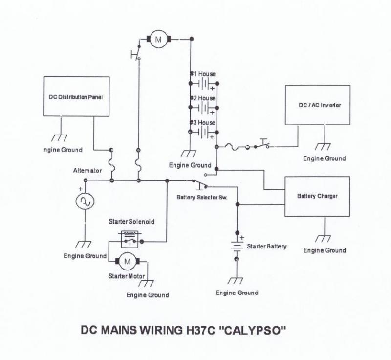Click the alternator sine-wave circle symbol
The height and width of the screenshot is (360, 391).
85,202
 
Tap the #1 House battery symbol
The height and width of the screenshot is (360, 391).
204,83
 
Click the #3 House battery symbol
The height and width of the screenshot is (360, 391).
204,132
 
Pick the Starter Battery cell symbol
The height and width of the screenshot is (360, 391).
237,246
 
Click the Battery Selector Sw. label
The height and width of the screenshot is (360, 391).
202,197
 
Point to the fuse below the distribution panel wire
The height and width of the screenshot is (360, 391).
112,165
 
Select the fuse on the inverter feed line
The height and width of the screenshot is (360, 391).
233,147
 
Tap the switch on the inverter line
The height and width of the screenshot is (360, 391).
262,144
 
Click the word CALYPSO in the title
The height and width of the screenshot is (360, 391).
253,330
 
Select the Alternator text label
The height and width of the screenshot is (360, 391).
87,171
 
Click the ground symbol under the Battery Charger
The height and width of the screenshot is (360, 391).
323,239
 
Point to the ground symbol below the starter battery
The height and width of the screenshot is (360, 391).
236,281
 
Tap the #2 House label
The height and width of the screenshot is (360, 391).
202,98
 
